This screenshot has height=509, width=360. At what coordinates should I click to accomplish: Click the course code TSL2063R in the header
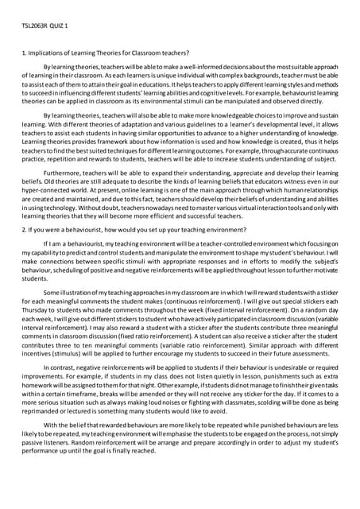pos(36,25)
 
